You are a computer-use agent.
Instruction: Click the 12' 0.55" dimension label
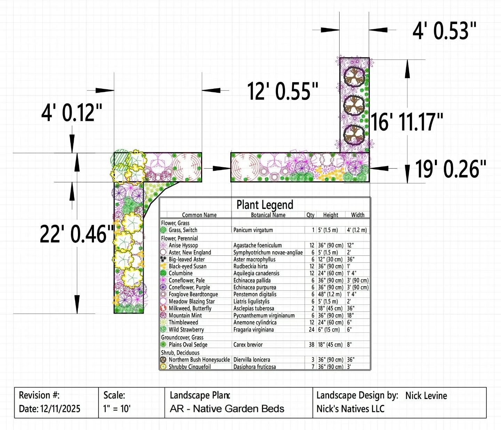(x=283, y=92)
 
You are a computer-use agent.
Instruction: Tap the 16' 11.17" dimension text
(x=406, y=122)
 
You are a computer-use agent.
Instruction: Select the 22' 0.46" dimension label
(x=77, y=234)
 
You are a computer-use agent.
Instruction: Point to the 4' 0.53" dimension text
(x=444, y=31)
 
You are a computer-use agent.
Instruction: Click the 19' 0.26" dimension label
(x=451, y=169)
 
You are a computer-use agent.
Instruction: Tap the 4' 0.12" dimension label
(x=72, y=113)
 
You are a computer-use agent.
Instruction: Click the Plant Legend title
(x=265, y=205)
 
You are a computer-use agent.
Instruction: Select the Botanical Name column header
(x=268, y=215)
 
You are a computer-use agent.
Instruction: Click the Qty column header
(x=310, y=215)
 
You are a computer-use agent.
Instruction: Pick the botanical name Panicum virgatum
(x=253, y=230)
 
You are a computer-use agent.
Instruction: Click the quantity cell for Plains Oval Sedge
(x=311, y=345)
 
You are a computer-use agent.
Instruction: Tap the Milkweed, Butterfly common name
(x=190, y=308)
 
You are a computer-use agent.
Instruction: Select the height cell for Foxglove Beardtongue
(x=330, y=294)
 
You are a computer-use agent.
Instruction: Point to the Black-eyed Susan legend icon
(x=163, y=266)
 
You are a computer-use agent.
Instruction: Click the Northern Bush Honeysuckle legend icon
(x=163, y=360)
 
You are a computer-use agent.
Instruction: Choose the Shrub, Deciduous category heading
(x=180, y=353)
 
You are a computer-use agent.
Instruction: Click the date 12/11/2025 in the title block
(x=60, y=409)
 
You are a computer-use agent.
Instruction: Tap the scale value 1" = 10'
(x=117, y=409)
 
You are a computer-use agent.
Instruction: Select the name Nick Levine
(x=426, y=396)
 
